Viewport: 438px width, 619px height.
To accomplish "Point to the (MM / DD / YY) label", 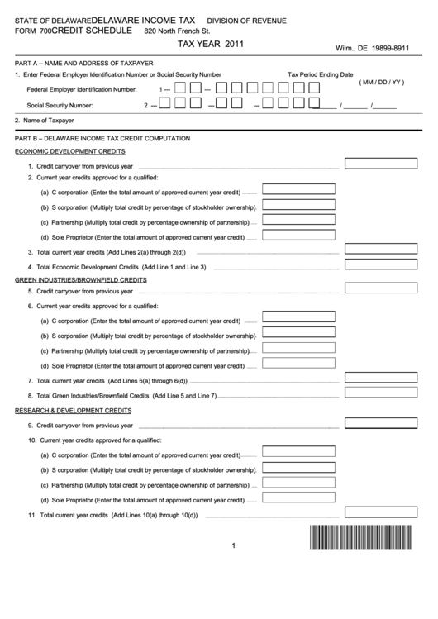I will (x=382, y=83).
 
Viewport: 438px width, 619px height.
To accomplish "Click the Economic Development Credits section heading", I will (x=70, y=151).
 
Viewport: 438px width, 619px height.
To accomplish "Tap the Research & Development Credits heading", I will (x=73, y=410).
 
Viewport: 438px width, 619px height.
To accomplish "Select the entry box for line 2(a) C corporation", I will (x=298, y=189).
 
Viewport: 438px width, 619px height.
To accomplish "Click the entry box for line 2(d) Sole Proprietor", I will (x=298, y=235).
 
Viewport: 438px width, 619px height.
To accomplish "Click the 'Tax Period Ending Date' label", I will (x=320, y=74).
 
